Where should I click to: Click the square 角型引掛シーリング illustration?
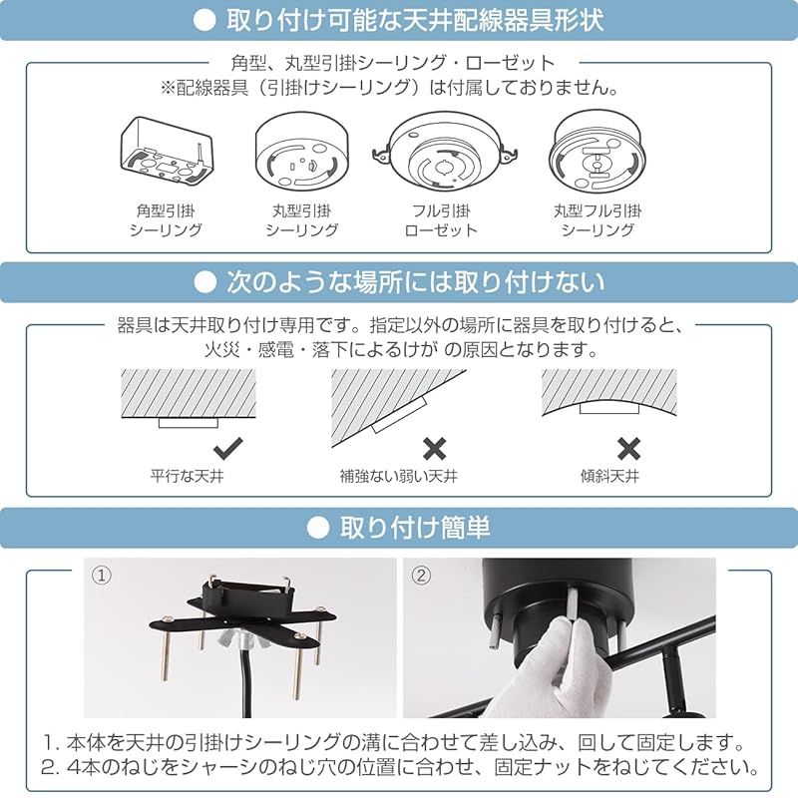coord(166,151)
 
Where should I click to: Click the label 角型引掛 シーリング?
coord(166,220)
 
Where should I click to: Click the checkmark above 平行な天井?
coord(228,447)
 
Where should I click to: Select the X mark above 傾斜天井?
coord(628,447)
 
